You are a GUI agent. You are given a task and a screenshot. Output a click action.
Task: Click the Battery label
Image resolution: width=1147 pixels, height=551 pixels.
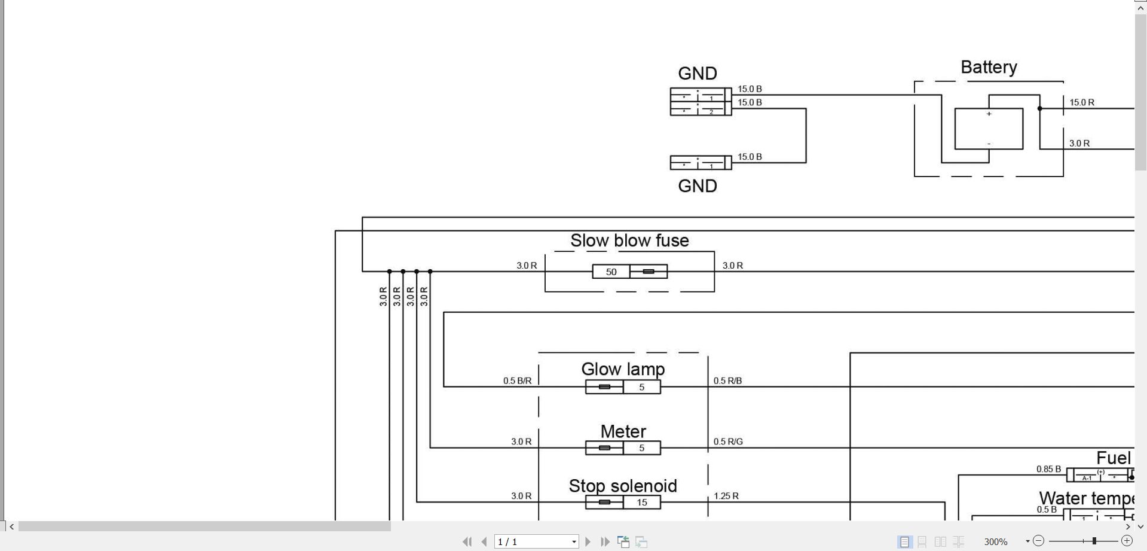(x=989, y=68)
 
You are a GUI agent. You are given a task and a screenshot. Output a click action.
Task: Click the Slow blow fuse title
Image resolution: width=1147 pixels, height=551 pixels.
(x=629, y=241)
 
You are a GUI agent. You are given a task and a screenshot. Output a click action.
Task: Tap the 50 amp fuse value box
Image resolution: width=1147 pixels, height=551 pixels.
(x=611, y=272)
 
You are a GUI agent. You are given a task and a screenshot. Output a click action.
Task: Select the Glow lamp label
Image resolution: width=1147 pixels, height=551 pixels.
(x=623, y=369)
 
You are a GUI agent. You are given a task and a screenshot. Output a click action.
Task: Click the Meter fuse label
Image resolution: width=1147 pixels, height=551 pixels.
(x=623, y=431)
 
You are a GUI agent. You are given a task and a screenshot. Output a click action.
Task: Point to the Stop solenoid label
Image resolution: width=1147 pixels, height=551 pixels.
(x=623, y=486)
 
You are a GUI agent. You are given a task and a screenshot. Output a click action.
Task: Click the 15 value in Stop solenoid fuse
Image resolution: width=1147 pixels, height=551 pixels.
(x=642, y=503)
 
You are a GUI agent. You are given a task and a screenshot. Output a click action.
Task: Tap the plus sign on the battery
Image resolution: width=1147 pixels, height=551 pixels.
(x=989, y=114)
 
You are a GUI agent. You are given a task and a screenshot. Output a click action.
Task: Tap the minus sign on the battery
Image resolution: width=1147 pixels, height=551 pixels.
(x=989, y=144)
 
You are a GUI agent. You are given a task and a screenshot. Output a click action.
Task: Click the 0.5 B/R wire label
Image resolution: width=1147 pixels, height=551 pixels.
(x=517, y=381)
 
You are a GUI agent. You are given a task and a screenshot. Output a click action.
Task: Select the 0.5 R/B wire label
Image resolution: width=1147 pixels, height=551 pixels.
(x=727, y=381)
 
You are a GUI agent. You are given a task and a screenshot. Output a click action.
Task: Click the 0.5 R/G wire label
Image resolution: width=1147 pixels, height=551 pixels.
(x=728, y=442)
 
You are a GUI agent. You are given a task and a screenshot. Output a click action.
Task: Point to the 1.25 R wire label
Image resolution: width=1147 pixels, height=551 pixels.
(x=726, y=496)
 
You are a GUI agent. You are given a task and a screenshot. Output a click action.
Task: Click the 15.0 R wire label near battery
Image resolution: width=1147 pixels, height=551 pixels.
(x=1082, y=102)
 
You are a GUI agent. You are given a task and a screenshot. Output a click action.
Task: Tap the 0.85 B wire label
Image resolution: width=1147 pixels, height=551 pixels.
(x=1048, y=469)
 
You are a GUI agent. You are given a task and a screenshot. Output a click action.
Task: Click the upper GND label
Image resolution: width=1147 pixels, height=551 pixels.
(x=698, y=74)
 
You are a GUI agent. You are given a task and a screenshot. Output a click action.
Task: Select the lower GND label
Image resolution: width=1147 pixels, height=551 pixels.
(x=698, y=186)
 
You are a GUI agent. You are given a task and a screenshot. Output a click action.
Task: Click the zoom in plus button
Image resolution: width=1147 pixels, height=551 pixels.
(x=1127, y=541)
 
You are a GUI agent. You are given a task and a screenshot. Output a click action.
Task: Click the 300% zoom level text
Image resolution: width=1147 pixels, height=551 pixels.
(x=996, y=542)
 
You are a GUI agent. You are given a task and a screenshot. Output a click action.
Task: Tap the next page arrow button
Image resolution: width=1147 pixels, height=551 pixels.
(x=588, y=541)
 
